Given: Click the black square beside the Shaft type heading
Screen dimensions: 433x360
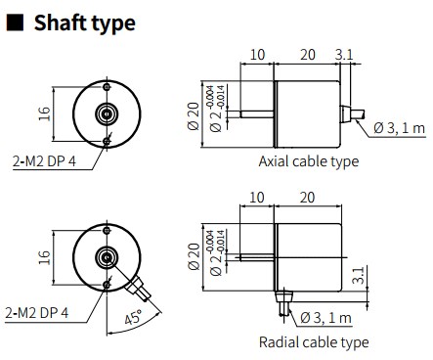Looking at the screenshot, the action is click(15, 22).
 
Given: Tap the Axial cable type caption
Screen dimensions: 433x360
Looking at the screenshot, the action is click(309, 161).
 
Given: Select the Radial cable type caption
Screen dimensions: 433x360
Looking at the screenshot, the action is click(314, 342).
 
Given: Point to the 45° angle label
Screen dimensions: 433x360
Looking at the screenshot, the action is click(134, 317).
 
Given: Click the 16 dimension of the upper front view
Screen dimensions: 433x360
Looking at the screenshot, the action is click(45, 113).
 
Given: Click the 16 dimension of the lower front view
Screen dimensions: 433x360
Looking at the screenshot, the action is click(45, 257).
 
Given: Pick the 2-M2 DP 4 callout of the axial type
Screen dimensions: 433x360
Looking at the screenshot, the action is click(44, 160).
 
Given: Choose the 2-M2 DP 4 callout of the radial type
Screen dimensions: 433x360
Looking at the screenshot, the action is click(37, 313).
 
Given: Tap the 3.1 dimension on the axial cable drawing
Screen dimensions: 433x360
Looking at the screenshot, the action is click(344, 55).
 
